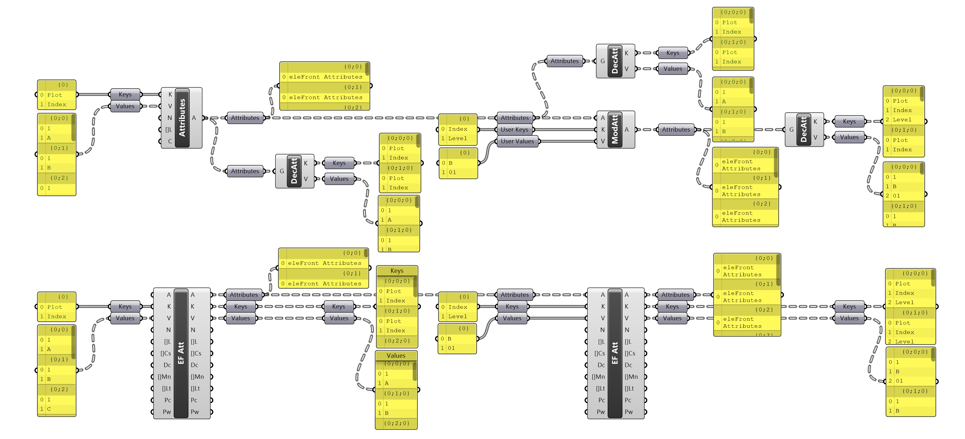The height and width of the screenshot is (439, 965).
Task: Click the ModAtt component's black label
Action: [615, 129]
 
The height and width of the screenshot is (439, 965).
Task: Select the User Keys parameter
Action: [514, 129]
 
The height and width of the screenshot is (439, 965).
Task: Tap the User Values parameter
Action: [517, 141]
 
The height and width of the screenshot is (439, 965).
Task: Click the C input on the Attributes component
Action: [170, 141]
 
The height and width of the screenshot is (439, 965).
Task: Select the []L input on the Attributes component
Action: [169, 129]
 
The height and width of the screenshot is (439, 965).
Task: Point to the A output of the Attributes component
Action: [194, 118]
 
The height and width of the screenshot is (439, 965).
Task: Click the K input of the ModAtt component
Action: [603, 129]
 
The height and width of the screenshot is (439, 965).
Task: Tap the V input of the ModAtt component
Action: [603, 141]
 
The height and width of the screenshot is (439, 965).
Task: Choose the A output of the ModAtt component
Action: [626, 129]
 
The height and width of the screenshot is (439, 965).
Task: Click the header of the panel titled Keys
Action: [397, 271]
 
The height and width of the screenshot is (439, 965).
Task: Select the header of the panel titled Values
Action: [396, 356]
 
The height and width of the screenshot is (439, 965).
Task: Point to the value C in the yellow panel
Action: [49, 409]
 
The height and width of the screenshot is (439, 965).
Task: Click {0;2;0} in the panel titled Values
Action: [397, 423]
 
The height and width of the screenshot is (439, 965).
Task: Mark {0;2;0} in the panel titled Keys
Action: [397, 341]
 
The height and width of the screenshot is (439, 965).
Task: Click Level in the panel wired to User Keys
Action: [457, 139]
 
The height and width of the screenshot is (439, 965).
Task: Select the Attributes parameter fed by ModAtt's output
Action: [676, 129]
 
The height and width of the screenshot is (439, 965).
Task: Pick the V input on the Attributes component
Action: [170, 106]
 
